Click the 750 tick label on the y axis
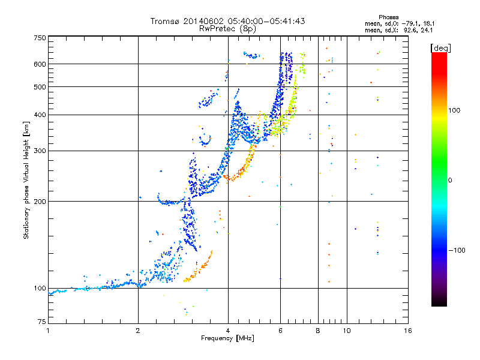point(40,38)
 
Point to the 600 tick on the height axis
point(40,64)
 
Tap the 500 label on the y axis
point(40,86)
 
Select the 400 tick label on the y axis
point(40,115)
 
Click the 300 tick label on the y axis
point(40,151)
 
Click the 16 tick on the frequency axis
point(407,331)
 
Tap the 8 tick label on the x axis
point(318,331)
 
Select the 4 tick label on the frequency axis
point(228,331)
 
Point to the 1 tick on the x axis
point(48,331)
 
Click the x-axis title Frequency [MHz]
point(227,338)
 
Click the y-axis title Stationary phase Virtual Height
point(26,180)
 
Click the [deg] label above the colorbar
point(440,47)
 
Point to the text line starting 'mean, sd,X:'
point(398,29)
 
